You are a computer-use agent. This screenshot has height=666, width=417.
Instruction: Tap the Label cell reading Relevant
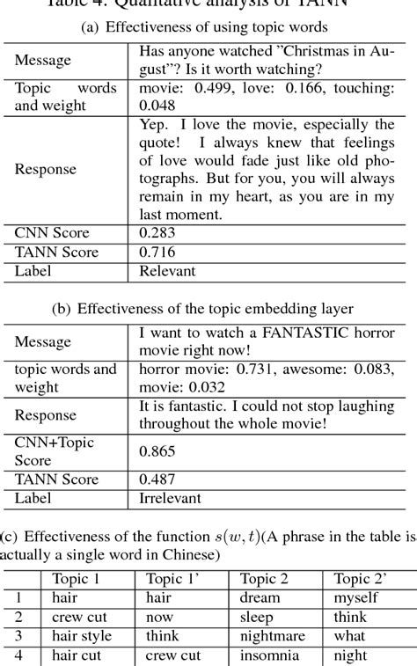(x=167, y=272)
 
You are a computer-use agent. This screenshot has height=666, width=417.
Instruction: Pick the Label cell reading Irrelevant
(x=170, y=498)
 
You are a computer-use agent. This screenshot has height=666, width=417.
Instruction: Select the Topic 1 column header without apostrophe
(x=77, y=578)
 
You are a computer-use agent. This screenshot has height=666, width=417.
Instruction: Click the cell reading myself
(x=356, y=597)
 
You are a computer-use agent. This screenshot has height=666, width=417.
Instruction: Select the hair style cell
(x=80, y=636)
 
